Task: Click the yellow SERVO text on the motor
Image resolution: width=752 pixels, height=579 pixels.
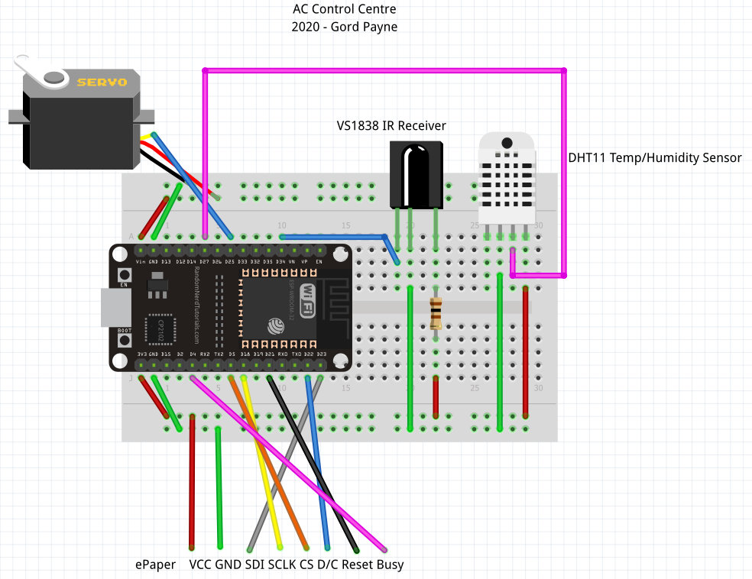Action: point(102,81)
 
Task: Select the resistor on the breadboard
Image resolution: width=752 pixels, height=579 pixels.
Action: point(436,312)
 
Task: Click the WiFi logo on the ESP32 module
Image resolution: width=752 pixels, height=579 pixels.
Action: point(307,299)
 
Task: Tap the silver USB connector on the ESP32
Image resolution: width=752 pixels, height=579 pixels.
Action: point(115,307)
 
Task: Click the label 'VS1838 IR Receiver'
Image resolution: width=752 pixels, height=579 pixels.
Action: point(391,125)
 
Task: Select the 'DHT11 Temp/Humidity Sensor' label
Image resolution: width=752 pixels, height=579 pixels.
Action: point(655,158)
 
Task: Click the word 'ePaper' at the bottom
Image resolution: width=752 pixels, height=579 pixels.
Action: point(155,564)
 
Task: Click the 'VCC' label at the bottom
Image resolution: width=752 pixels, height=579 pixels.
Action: point(200,564)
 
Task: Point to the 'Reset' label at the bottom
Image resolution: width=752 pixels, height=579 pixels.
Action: point(358,564)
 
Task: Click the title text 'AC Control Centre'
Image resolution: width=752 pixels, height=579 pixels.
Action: point(345,9)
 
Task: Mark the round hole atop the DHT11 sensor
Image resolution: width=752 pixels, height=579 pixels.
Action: point(506,143)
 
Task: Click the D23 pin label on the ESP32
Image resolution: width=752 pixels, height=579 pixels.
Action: point(321,354)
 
